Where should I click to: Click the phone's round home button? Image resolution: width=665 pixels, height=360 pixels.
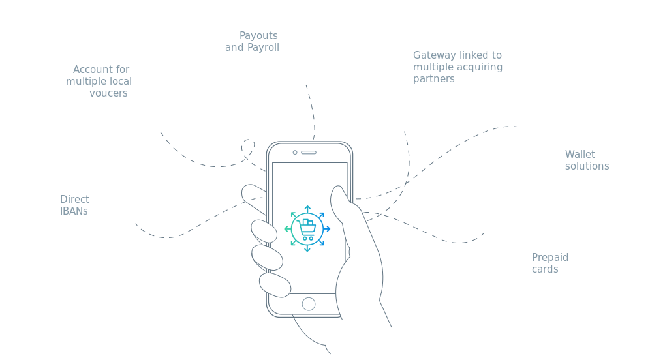pyautogui.click(x=309, y=304)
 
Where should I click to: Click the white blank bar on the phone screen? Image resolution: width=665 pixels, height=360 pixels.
pyautogui.click(x=309, y=175)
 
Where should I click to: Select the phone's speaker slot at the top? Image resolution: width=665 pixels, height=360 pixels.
pyautogui.click(x=309, y=153)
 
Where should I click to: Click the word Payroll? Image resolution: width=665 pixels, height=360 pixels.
pyautogui.click(x=262, y=48)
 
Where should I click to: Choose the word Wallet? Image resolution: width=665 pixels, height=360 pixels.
pyautogui.click(x=580, y=155)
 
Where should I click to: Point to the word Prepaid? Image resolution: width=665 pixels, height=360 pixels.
pyautogui.click(x=550, y=258)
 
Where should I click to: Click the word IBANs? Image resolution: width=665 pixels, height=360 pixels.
pyautogui.click(x=74, y=211)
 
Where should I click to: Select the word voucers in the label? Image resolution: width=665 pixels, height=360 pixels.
pyautogui.click(x=108, y=93)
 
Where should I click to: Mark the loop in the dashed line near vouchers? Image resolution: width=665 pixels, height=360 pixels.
pyautogui.click(x=248, y=146)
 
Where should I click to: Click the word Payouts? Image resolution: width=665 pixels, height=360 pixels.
pyautogui.click(x=258, y=36)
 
